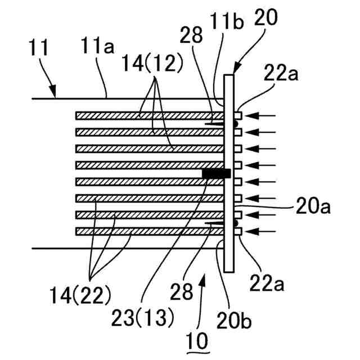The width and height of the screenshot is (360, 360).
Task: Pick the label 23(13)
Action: tap(147, 318)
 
